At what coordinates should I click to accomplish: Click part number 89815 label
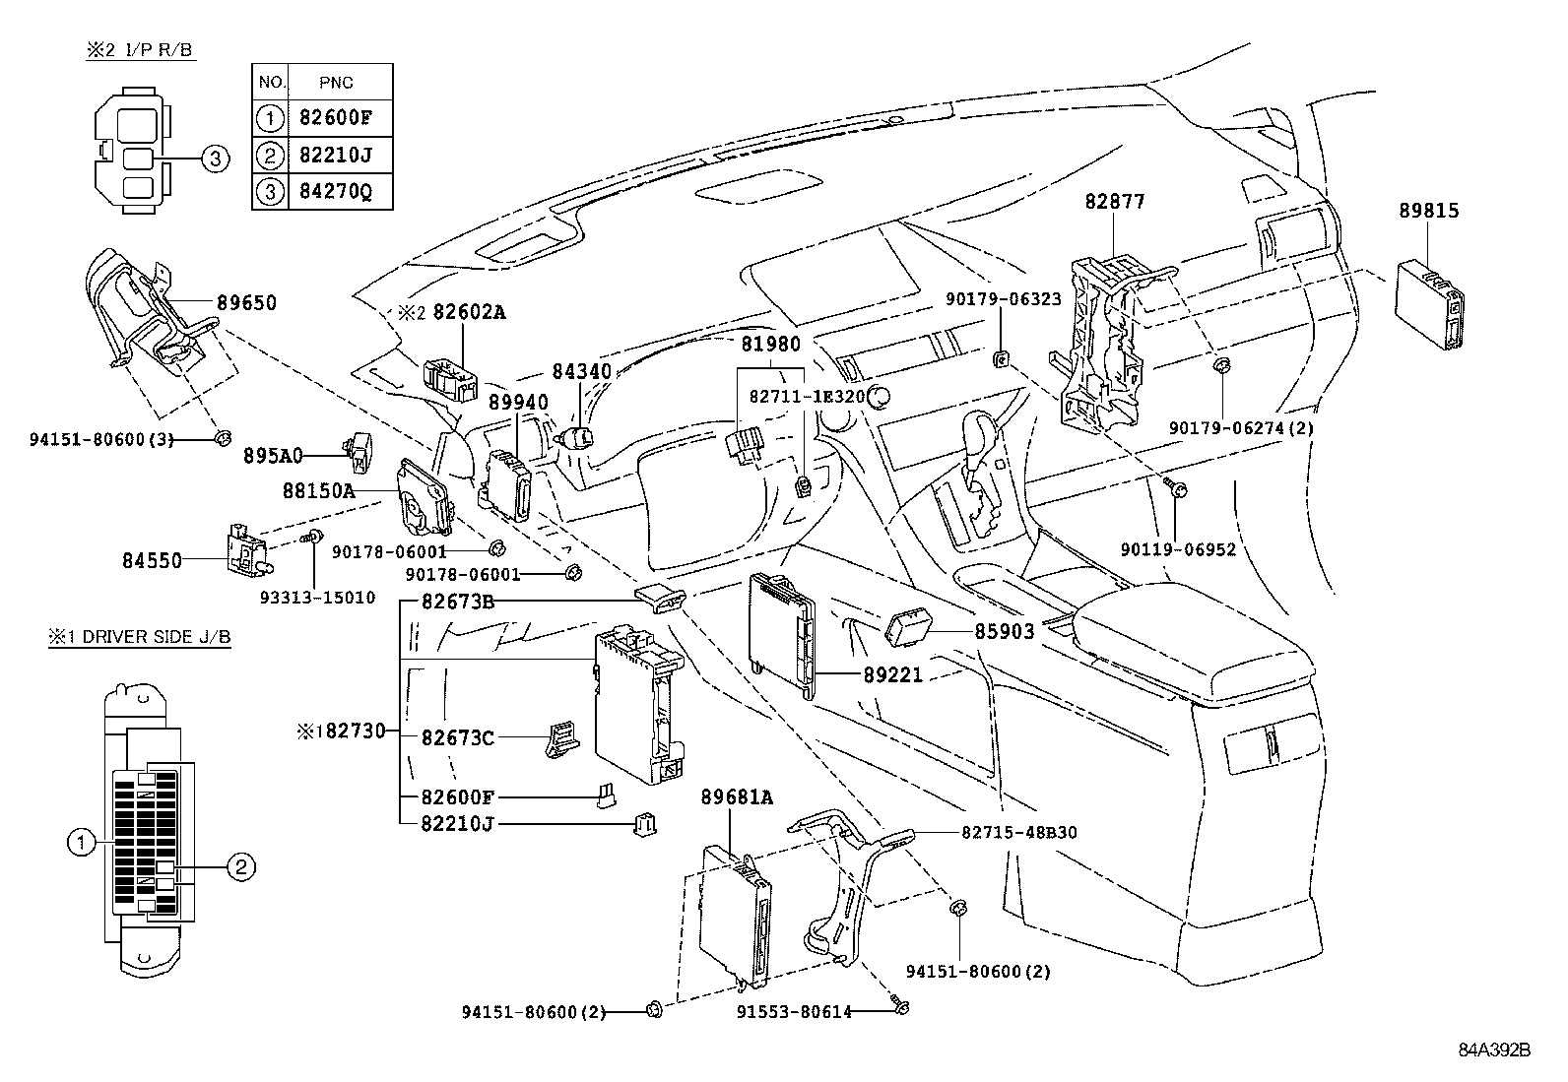[x=1428, y=211]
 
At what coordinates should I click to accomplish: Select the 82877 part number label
[x=1115, y=202]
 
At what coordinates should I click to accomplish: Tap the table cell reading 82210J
[x=336, y=155]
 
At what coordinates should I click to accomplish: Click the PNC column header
[x=336, y=83]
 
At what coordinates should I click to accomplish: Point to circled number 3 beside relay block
[x=216, y=158]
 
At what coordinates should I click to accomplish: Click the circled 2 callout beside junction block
[x=242, y=866]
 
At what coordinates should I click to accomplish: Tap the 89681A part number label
[x=737, y=797]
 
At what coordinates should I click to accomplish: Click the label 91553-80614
[x=794, y=1011]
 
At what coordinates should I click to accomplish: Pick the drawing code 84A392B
[x=1494, y=1050]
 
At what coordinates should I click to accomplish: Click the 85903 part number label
[x=1005, y=631]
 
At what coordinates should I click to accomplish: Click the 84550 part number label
[x=152, y=560]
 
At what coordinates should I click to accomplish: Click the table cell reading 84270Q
[x=336, y=191]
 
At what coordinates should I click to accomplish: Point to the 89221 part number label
[x=893, y=675]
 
